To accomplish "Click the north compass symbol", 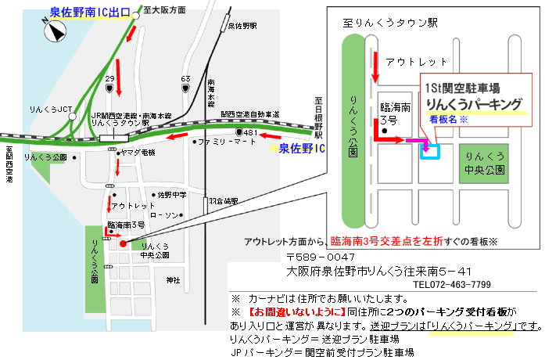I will click(56, 31).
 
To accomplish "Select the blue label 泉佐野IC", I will click(302, 147).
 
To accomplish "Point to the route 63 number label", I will click(185, 79).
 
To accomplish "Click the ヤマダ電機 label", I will click(138, 151).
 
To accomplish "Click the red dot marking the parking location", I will click(123, 243).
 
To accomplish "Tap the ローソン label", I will click(164, 214).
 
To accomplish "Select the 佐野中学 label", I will click(172, 194).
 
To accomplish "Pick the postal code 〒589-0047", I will click(321, 257).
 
